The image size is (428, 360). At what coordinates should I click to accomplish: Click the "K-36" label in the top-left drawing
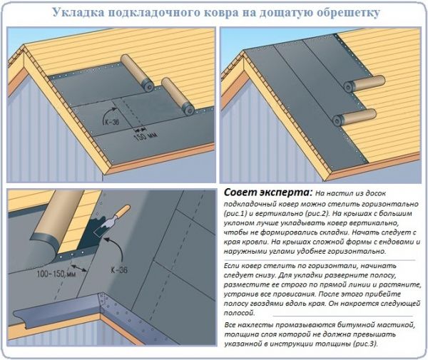[112, 122]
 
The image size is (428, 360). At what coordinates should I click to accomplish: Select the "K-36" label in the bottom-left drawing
[119, 270]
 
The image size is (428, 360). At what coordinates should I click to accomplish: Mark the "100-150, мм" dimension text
[56, 273]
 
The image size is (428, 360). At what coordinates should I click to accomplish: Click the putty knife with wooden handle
[112, 221]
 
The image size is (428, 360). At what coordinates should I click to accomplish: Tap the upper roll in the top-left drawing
[137, 72]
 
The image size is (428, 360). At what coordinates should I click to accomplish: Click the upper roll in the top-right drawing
[364, 84]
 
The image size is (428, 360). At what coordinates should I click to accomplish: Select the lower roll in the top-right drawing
[355, 118]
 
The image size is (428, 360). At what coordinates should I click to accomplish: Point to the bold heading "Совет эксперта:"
[267, 192]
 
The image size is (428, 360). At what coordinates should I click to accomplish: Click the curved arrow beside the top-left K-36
[108, 113]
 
